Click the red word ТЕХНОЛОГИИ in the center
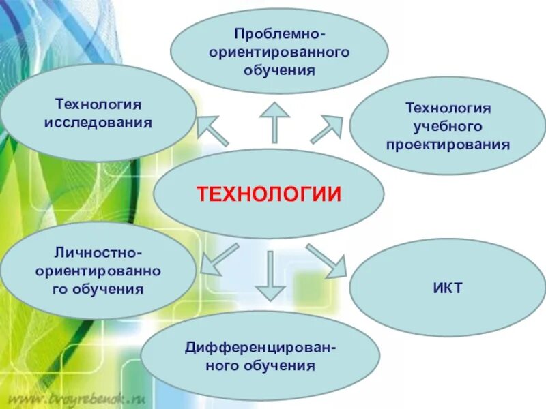click(x=268, y=194)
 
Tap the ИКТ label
click(x=448, y=288)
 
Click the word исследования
click(x=98, y=123)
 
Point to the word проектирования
click(x=448, y=145)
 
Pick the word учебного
click(x=448, y=126)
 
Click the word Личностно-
click(x=98, y=254)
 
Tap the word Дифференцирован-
click(x=260, y=348)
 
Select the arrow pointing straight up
click(x=275, y=121)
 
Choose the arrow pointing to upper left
click(x=212, y=130)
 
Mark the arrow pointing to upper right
click(x=326, y=129)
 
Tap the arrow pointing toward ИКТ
click(x=326, y=260)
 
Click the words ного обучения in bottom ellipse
click(x=260, y=366)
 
